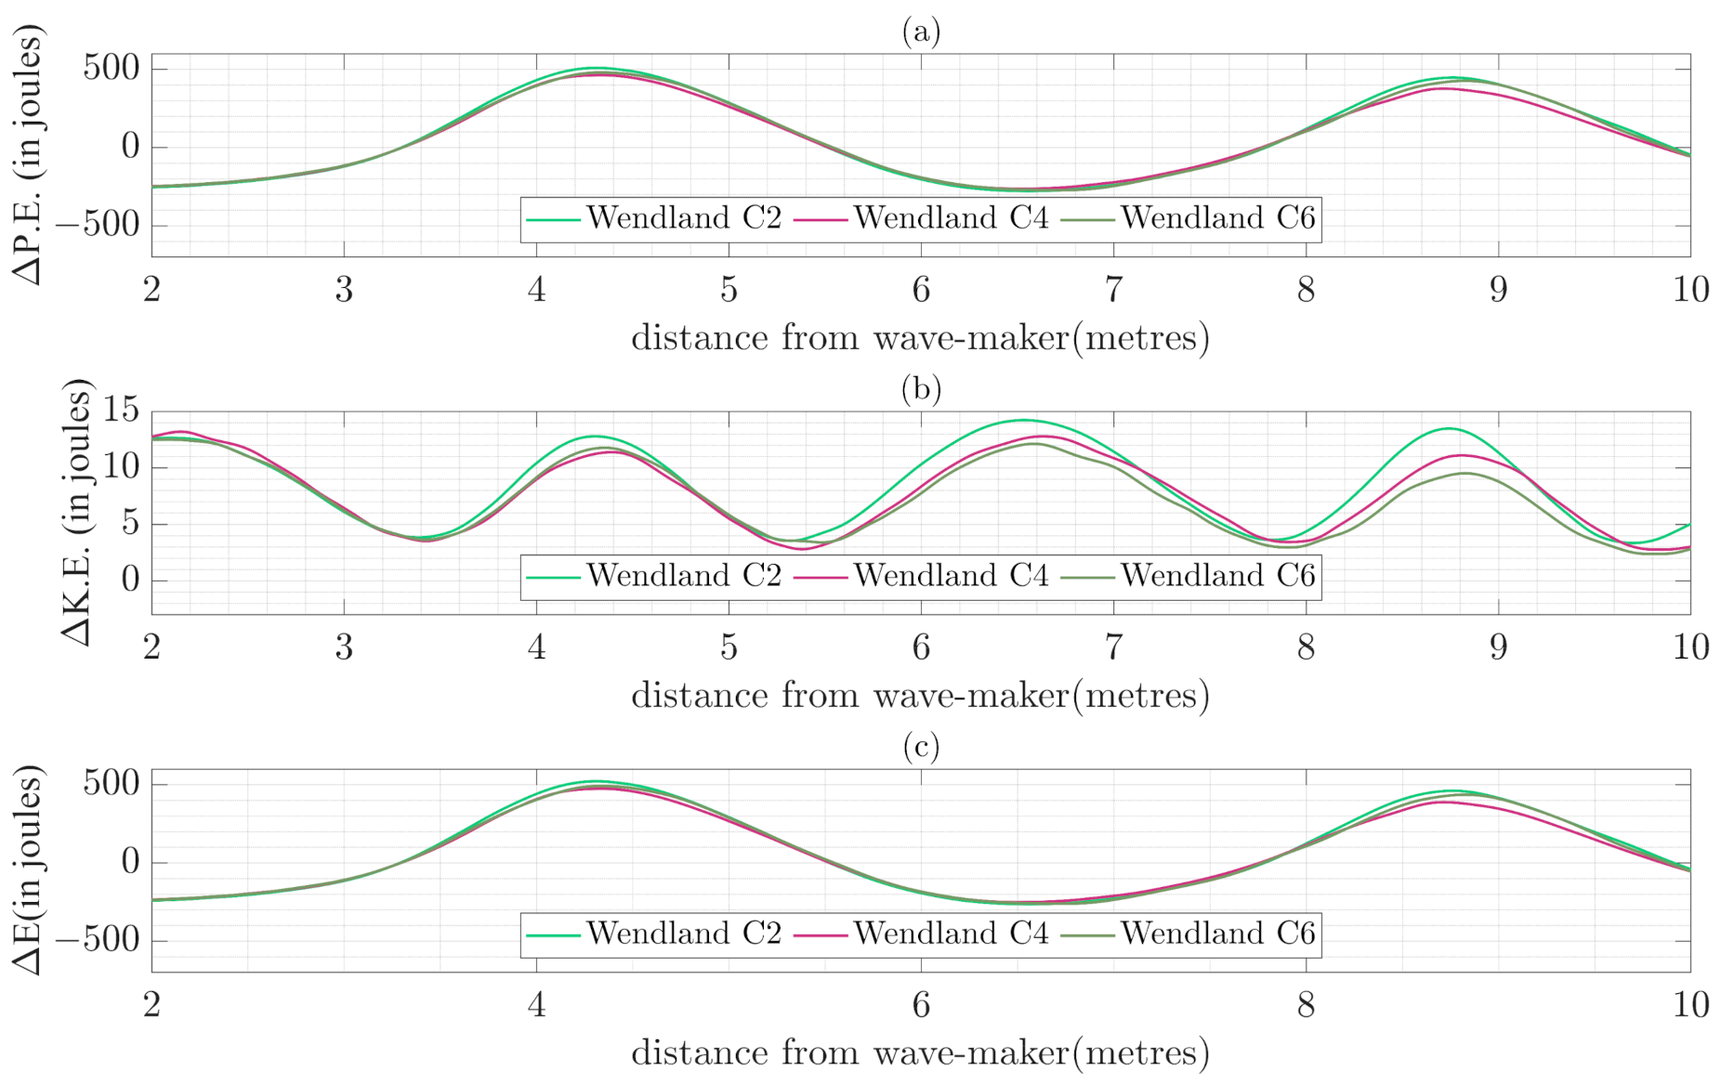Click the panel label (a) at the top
921,33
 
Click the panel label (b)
921,389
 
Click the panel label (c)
921,747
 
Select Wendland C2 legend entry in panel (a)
683,218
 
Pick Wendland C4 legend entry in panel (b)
950,576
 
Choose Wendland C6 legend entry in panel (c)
1217,934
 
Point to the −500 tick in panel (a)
99,225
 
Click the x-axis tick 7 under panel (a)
1113,291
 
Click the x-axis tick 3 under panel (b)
344,648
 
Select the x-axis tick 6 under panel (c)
921,1006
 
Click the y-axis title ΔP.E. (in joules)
29,154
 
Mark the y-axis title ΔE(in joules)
29,869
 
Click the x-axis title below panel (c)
920,1053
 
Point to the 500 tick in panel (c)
112,783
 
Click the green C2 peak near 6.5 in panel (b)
1022,420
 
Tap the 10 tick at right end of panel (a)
1690,291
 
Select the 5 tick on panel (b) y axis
130,524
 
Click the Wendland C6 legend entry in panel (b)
1217,576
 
